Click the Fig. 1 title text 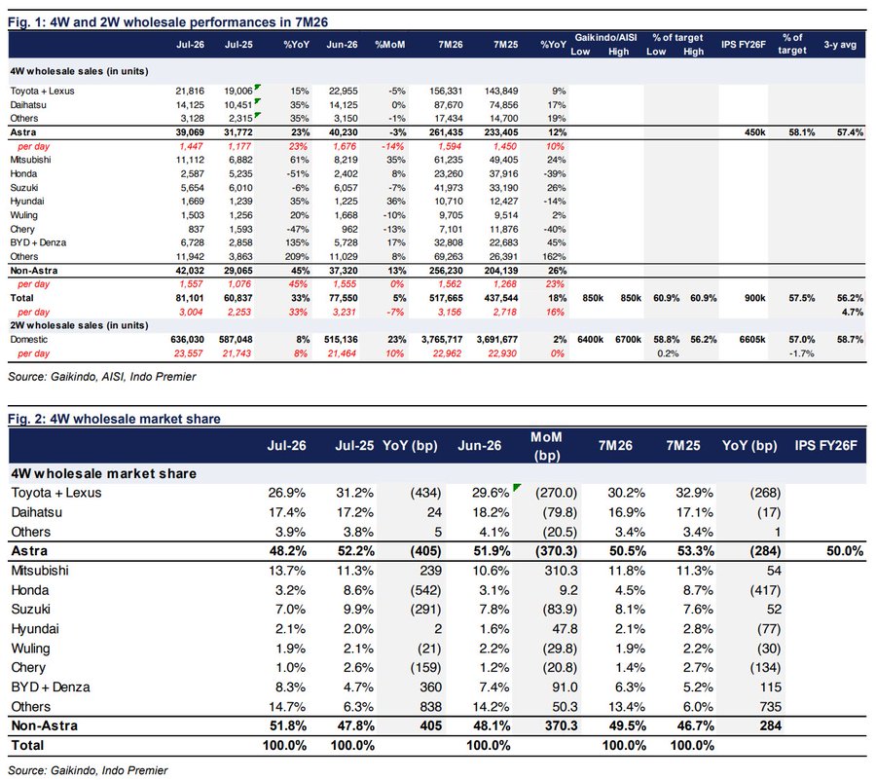click(x=167, y=22)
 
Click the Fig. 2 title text click(x=114, y=419)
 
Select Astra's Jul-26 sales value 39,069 click(x=190, y=132)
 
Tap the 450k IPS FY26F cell click(x=754, y=132)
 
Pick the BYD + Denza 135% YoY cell click(x=297, y=242)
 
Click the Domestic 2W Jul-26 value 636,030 click(x=187, y=339)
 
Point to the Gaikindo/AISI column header click(x=605, y=37)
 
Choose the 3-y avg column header click(x=840, y=45)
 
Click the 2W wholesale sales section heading click(x=80, y=325)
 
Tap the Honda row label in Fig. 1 click(x=23, y=173)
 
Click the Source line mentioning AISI click(x=101, y=377)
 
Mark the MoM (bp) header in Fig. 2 click(x=546, y=446)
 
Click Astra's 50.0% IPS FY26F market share click(x=845, y=551)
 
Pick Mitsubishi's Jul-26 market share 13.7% click(x=287, y=571)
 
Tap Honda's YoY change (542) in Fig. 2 click(x=425, y=590)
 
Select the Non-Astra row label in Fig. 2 click(x=45, y=725)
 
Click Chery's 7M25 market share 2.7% click(x=698, y=668)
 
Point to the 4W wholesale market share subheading click(x=104, y=474)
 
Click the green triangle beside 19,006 click(x=258, y=88)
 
